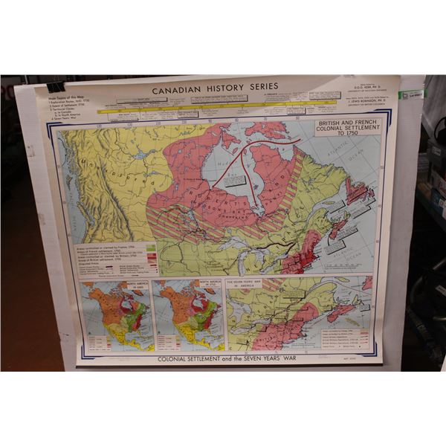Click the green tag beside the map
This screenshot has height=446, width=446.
click(x=410, y=94)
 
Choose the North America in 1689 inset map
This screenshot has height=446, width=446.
click(x=115, y=316)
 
